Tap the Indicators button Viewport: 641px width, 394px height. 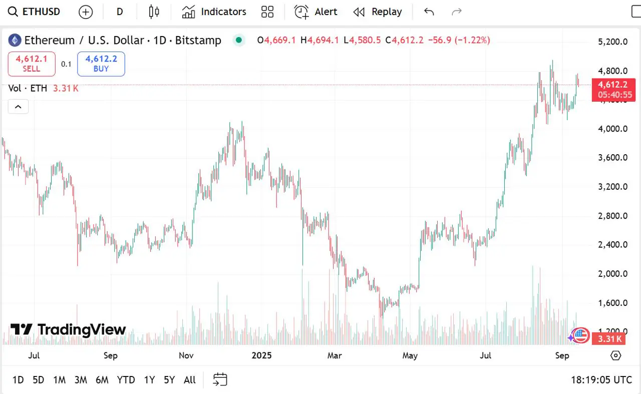point(214,12)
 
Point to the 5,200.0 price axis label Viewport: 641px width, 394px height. point(612,42)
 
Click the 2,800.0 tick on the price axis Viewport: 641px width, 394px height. point(612,216)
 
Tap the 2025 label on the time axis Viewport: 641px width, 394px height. point(261,355)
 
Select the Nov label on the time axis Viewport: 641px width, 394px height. point(186,355)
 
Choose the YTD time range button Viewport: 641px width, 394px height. point(126,380)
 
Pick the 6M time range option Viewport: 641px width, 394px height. point(102,380)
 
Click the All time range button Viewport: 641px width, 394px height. point(190,380)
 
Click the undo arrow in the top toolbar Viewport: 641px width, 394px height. point(429,12)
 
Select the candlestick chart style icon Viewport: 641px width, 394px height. point(154,12)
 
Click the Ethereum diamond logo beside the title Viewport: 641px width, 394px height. point(14,40)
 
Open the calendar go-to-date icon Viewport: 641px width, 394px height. point(220,380)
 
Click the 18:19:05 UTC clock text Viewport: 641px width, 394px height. point(601,380)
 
